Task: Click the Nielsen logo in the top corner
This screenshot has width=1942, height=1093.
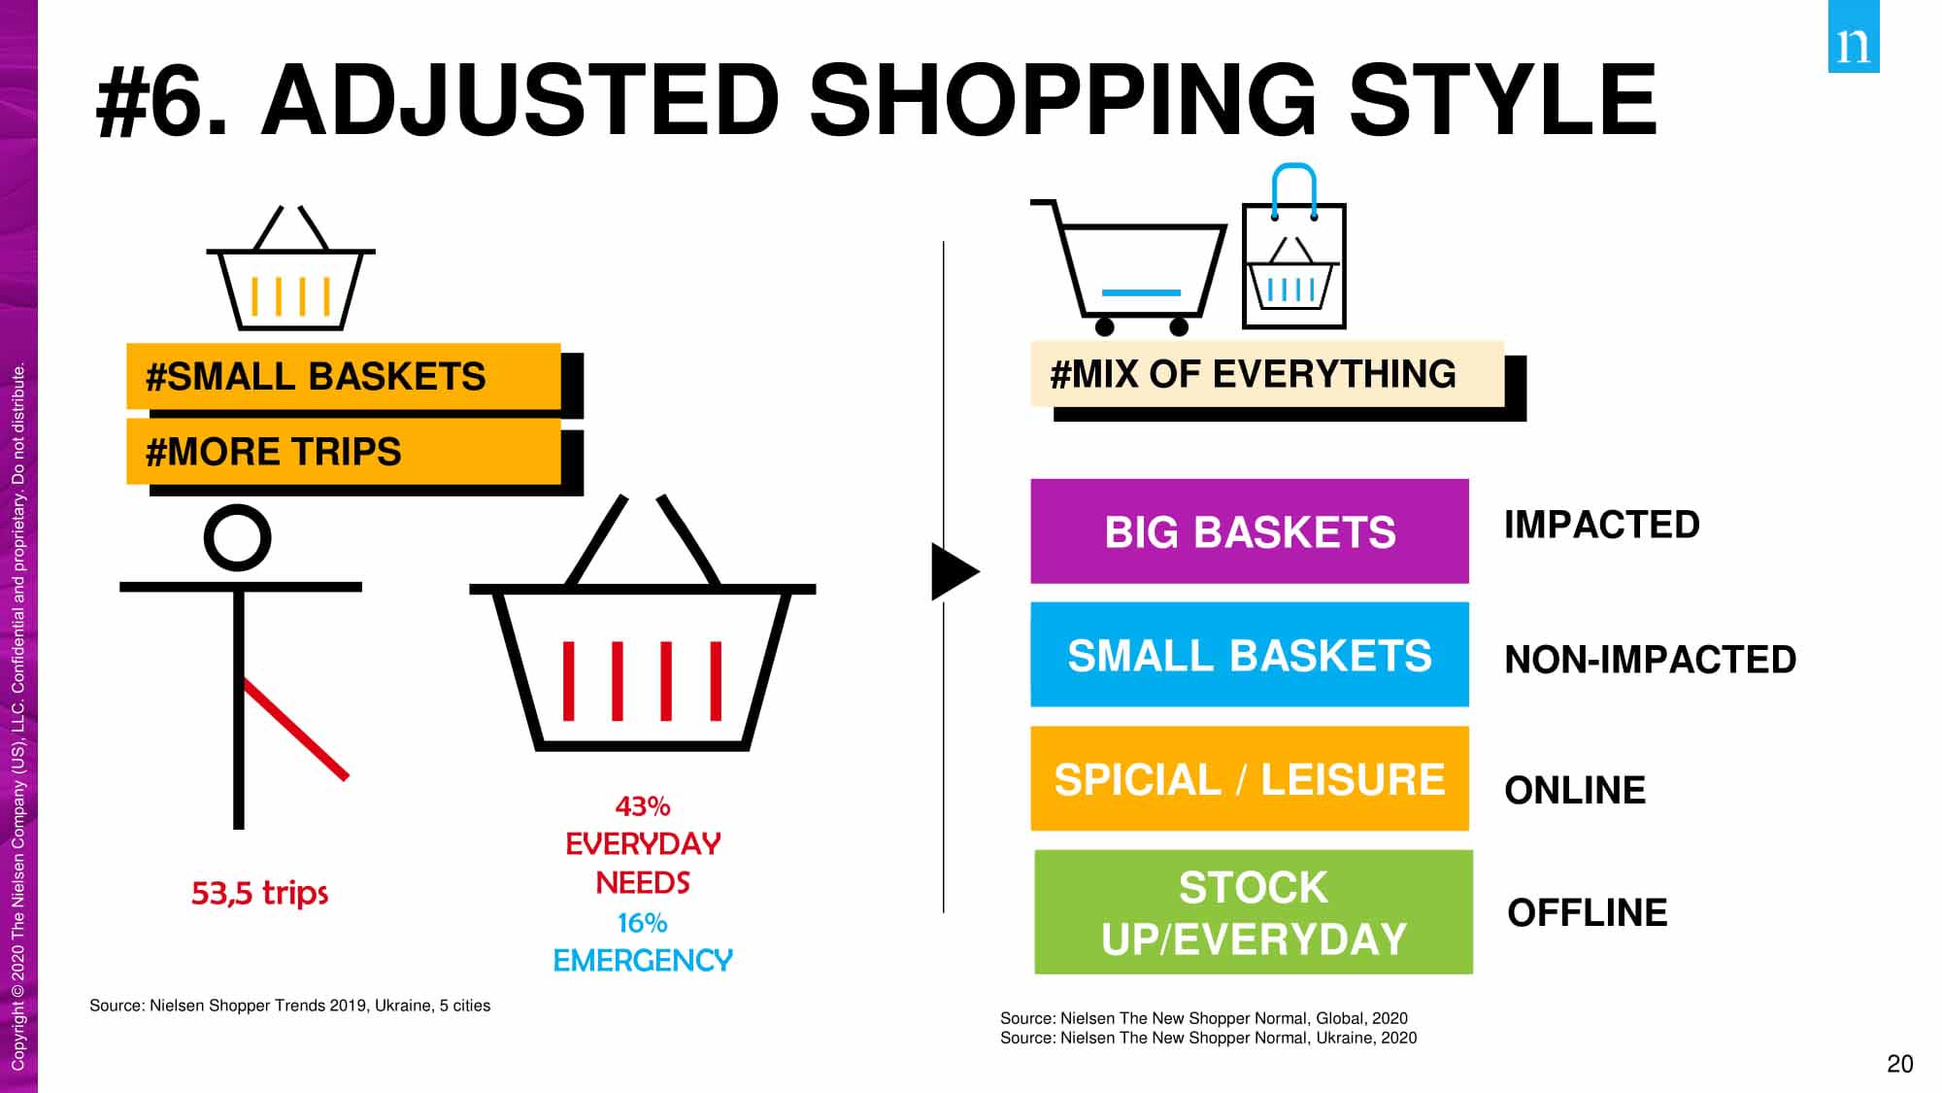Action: (1854, 36)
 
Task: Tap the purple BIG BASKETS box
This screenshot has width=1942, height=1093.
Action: (1250, 531)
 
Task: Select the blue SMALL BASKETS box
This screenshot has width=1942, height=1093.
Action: (1250, 655)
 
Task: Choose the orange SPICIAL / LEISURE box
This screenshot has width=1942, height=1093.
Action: (1250, 778)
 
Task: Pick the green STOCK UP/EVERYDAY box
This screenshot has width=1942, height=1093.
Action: (1254, 912)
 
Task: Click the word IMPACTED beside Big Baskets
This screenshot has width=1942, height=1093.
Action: (1602, 525)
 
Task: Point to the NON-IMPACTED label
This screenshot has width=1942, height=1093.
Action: (1651, 660)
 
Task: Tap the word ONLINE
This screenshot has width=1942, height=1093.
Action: (1575, 790)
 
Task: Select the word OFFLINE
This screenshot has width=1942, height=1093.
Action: (1588, 912)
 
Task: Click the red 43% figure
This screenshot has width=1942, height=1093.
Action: (643, 806)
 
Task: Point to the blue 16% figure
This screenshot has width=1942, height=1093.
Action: (643, 922)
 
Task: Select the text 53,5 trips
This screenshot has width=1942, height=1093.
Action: (260, 893)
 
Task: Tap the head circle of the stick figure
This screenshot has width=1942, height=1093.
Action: (238, 537)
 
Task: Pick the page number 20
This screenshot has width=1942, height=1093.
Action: (1900, 1064)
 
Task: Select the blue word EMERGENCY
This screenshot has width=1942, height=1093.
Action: (643, 961)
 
